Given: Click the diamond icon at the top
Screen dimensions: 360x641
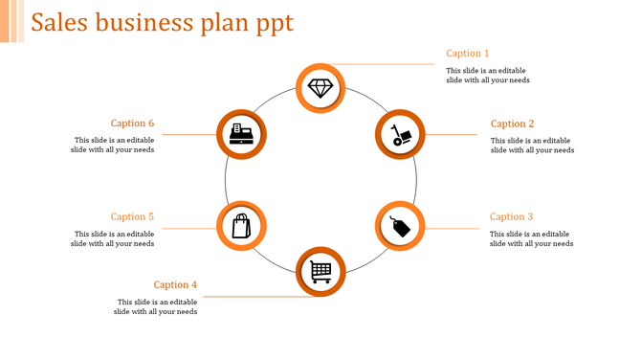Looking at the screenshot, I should coord(320,88).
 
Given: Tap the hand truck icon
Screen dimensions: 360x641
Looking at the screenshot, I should coord(399,135).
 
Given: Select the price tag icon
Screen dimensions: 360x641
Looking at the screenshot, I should coord(399,227).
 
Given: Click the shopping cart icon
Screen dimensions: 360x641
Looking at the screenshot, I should coord(320,272).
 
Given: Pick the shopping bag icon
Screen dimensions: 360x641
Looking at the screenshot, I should coord(241,226).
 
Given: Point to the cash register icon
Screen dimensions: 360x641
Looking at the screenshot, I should coord(241,134).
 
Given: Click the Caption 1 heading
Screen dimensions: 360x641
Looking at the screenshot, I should coord(468,54).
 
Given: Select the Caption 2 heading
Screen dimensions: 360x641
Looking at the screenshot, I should coord(512,124).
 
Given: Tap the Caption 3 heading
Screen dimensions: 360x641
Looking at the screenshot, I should coord(512,217).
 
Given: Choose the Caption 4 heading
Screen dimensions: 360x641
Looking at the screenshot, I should coord(176,284).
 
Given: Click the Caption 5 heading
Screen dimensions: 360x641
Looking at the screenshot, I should coord(132,217).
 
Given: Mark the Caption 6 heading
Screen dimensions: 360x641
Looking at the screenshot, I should coord(132,124).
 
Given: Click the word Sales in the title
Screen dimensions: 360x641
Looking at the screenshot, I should coord(58,23).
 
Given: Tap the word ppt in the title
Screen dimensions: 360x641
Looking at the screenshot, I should coord(275,24).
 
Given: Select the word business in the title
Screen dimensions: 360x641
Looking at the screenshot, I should coord(139,23).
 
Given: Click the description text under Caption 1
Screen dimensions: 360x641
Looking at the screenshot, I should coord(487,76).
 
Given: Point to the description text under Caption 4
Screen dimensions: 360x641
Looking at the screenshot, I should coord(155,306).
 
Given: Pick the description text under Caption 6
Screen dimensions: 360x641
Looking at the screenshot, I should coord(112,145).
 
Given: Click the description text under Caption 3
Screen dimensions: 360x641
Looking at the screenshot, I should coord(531,238).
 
